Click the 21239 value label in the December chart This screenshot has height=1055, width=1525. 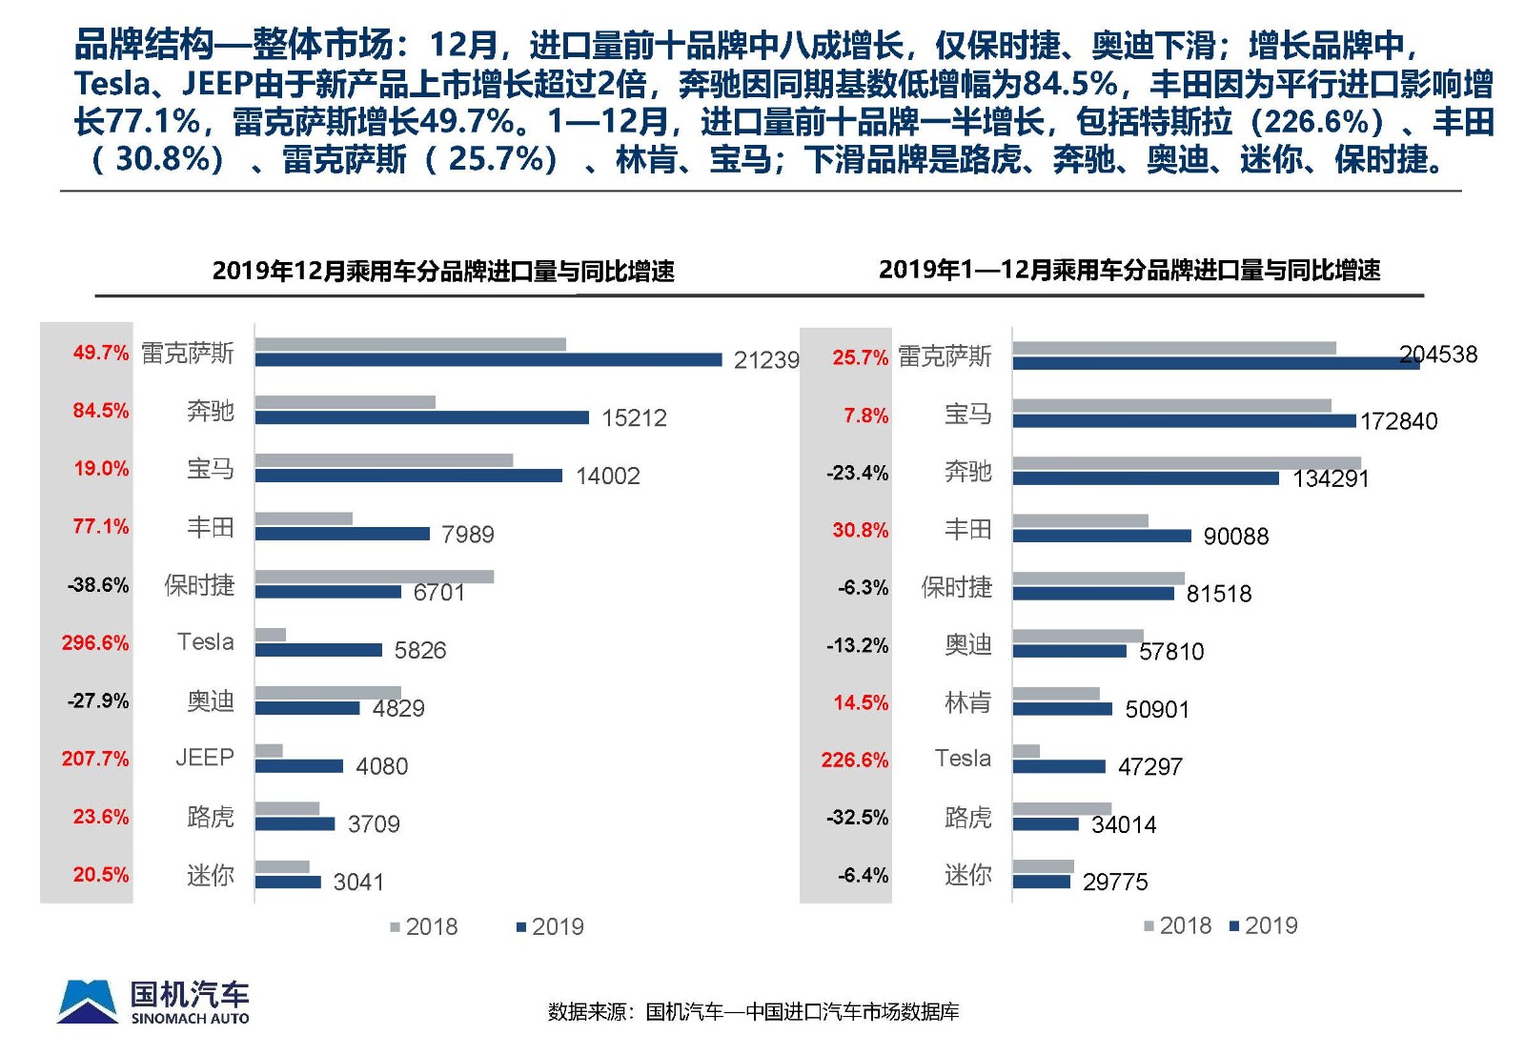coord(766,360)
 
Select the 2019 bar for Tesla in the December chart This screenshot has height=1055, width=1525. coord(318,650)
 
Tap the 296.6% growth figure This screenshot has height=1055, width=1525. coord(95,643)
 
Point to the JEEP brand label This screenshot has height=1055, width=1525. coord(204,758)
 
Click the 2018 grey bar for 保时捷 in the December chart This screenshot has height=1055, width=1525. coord(374,577)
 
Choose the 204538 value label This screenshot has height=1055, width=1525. coord(1438,355)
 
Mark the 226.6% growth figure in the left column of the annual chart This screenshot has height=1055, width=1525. coord(855,761)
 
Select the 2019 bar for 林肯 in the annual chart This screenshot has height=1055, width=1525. coord(1062,709)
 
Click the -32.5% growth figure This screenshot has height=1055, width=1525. coord(858,818)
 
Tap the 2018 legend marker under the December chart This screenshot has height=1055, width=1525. coord(396,927)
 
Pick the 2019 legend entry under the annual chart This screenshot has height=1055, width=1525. coord(1264,926)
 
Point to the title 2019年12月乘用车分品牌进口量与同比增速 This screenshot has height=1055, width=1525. coord(443,272)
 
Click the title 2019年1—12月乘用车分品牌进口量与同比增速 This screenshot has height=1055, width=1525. coord(1129,271)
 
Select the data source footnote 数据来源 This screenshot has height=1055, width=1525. coord(753,1012)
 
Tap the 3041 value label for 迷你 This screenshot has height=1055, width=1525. coord(358,883)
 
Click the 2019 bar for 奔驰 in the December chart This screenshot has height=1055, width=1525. coord(421,417)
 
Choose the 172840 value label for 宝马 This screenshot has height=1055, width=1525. coord(1398,421)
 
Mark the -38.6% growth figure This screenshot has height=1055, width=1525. coord(98,585)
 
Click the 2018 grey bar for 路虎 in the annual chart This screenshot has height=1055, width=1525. coord(1062,809)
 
